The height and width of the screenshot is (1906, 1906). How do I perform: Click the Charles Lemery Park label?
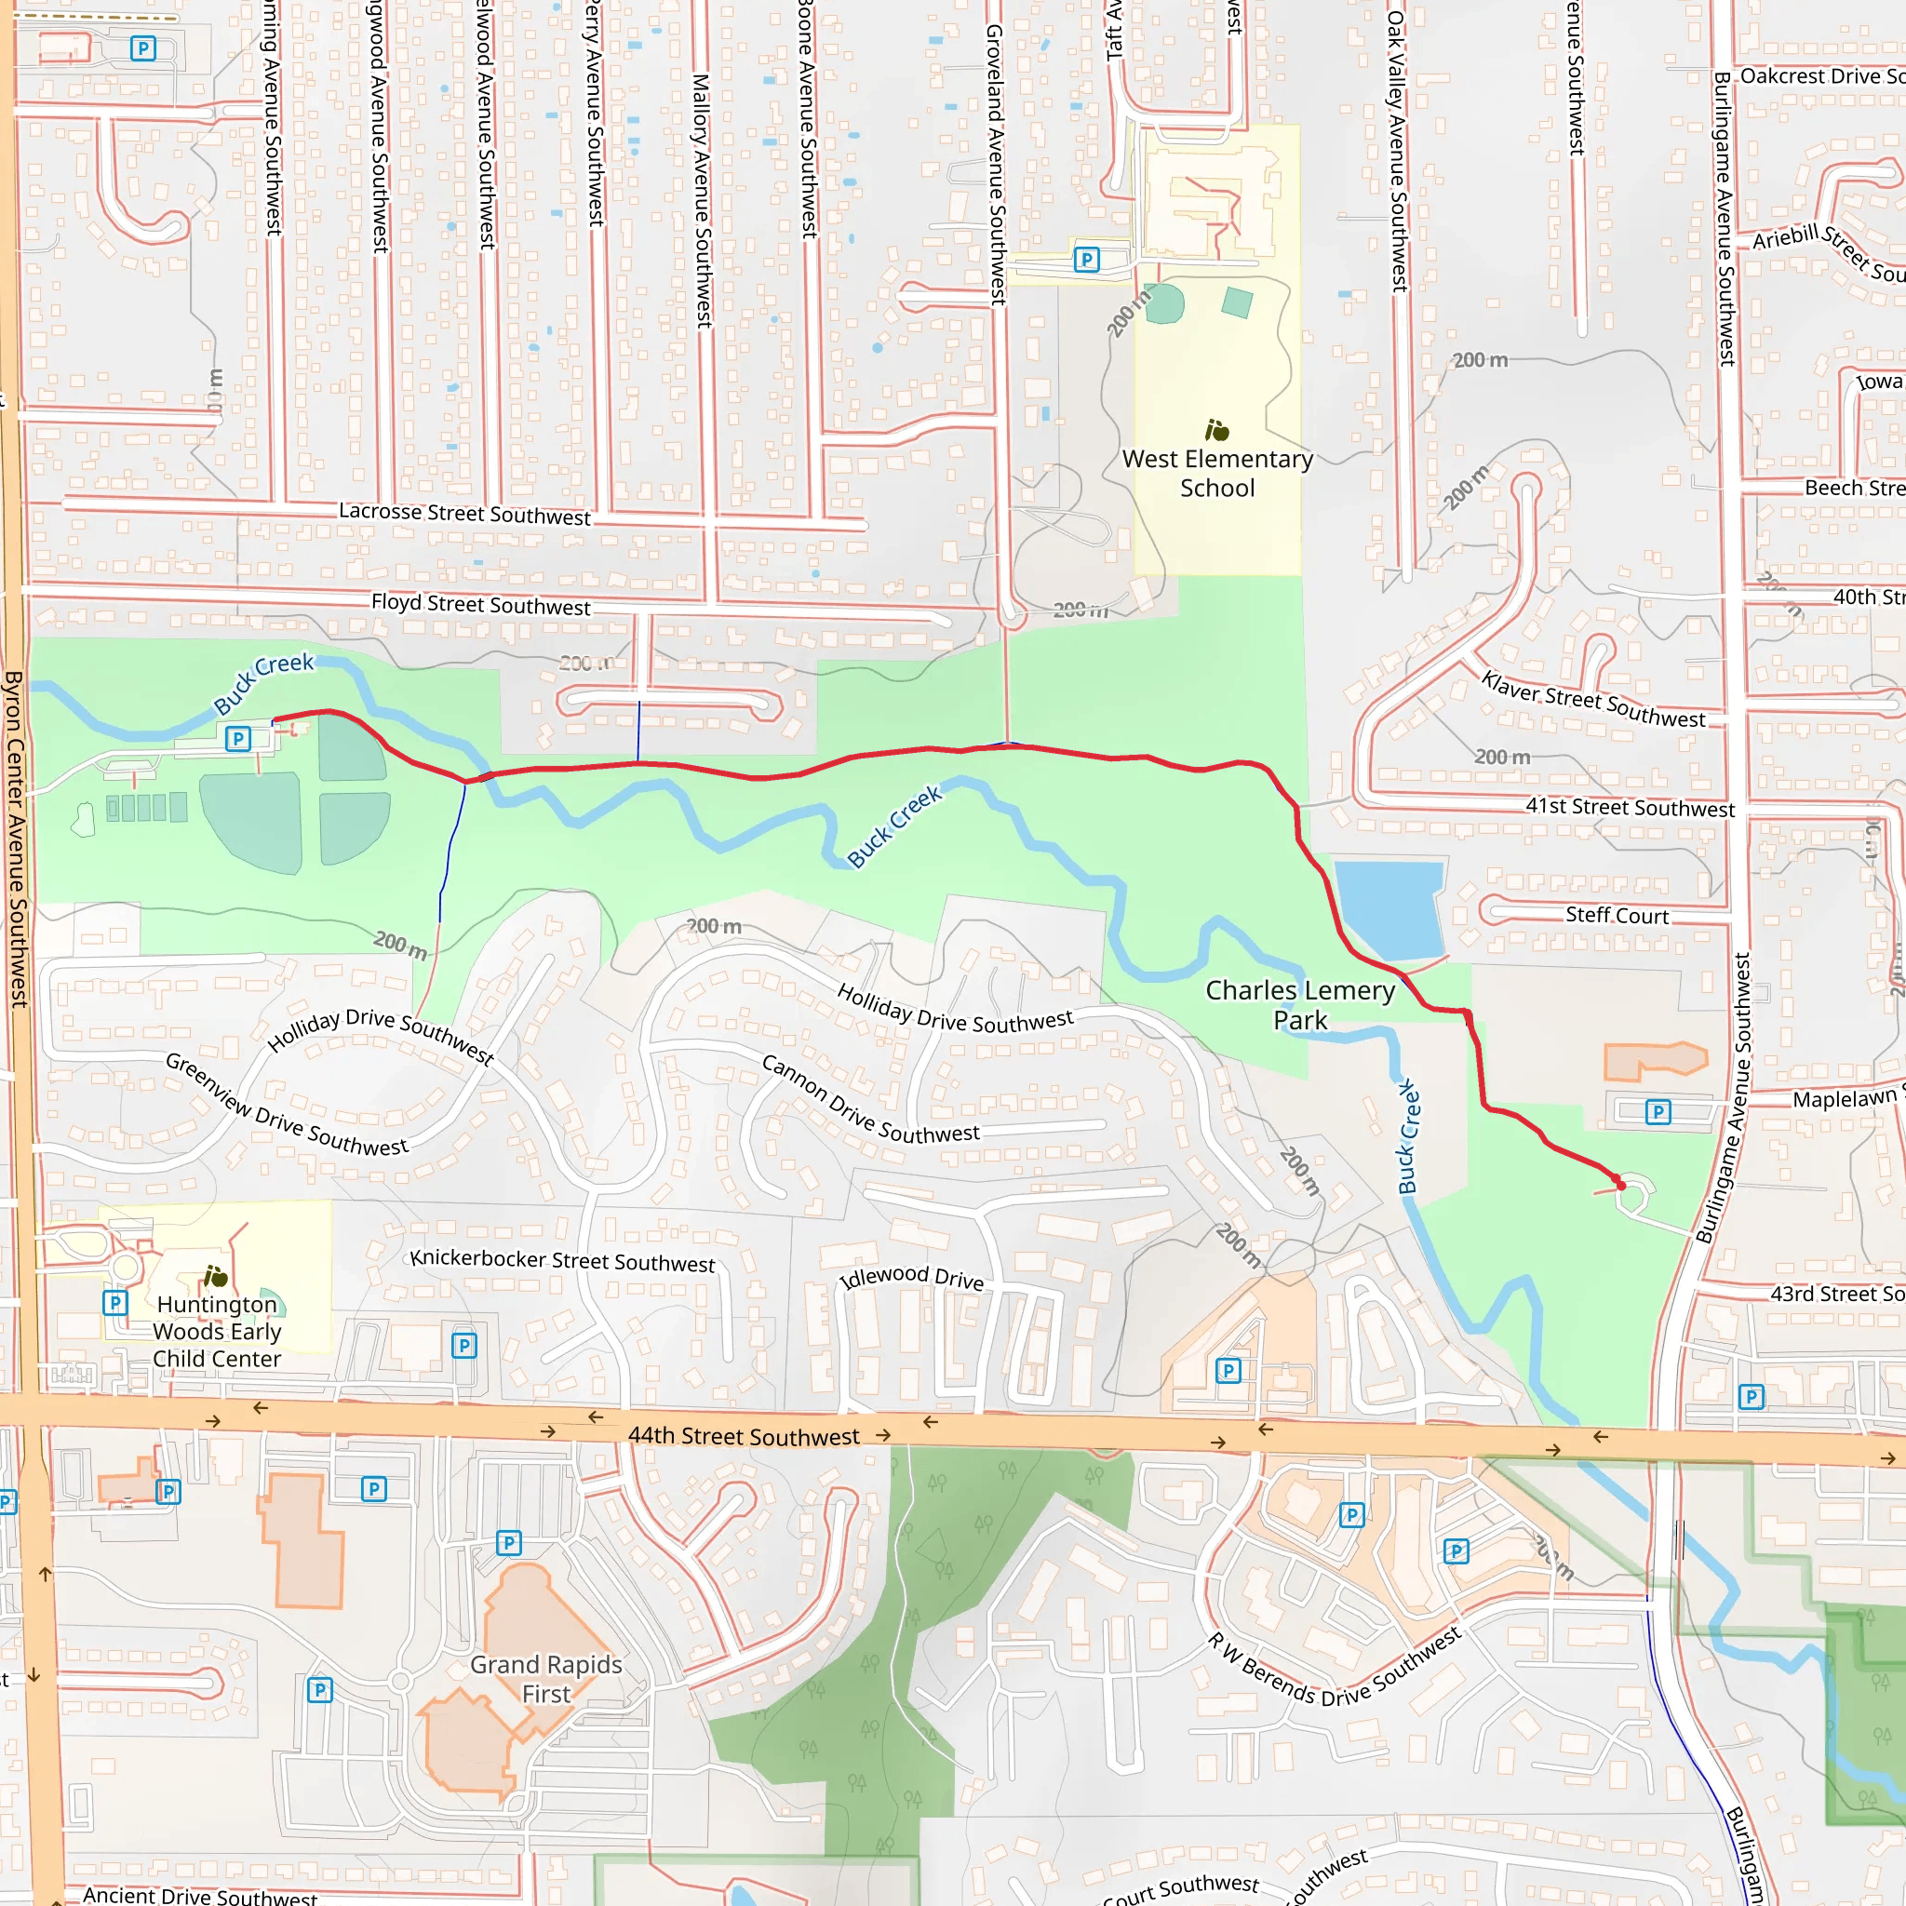pyautogui.click(x=1299, y=1004)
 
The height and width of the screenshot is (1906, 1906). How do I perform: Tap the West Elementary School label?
pyautogui.click(x=1216, y=474)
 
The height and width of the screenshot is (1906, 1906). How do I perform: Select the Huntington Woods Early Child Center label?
pyautogui.click(x=217, y=1331)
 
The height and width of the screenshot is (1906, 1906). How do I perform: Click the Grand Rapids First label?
pyautogui.click(x=545, y=1678)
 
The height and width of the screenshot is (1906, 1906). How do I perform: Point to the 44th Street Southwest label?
pyautogui.click(x=744, y=1436)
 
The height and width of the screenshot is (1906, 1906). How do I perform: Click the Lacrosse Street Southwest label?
pyautogui.click(x=464, y=514)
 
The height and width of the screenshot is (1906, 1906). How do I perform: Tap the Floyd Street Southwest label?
pyautogui.click(x=480, y=604)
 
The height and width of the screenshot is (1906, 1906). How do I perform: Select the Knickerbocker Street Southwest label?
pyautogui.click(x=562, y=1261)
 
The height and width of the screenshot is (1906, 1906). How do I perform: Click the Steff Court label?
pyautogui.click(x=1617, y=916)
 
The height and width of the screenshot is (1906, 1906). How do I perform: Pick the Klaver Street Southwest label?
pyautogui.click(x=1592, y=700)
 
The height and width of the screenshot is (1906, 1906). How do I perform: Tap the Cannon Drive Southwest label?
pyautogui.click(x=870, y=1101)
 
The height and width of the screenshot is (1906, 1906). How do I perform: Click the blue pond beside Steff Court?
pyautogui.click(x=1389, y=906)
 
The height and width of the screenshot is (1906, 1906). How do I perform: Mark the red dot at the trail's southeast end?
pyautogui.click(x=1620, y=1185)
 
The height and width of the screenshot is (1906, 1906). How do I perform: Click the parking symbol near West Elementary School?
pyautogui.click(x=1086, y=260)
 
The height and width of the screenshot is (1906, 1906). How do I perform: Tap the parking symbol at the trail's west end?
pyautogui.click(x=237, y=738)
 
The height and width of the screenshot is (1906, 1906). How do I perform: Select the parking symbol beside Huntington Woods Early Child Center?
pyautogui.click(x=115, y=1302)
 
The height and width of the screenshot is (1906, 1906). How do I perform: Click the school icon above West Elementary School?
pyautogui.click(x=1216, y=430)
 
